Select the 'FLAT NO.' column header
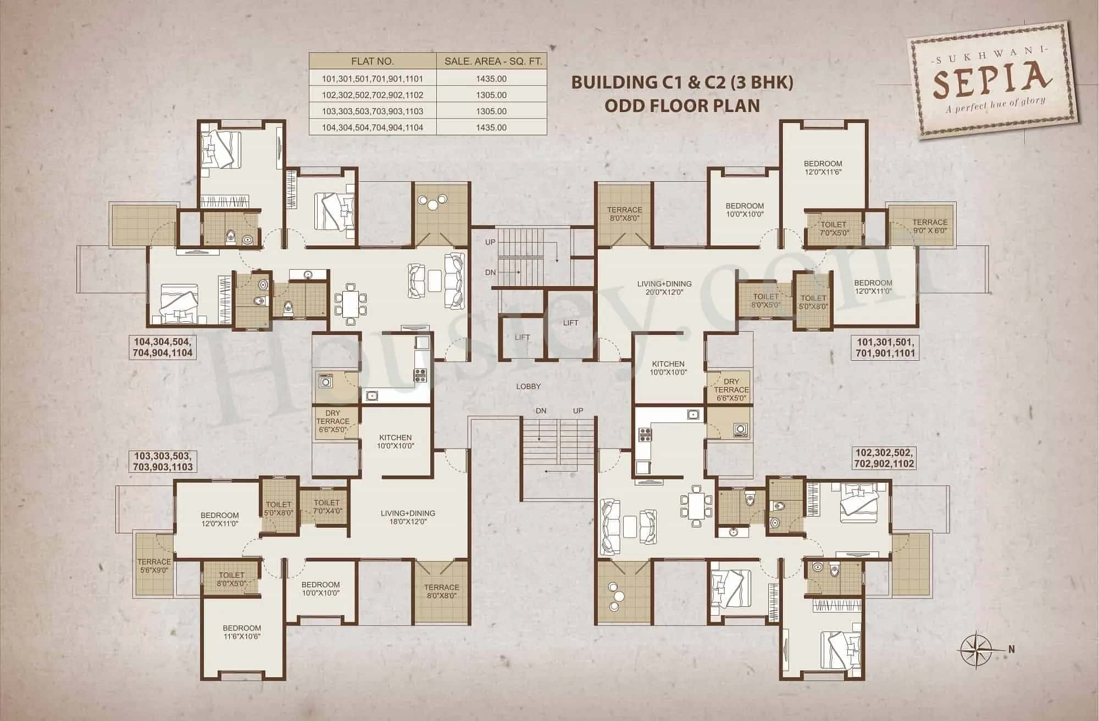372,62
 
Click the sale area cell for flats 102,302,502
492,95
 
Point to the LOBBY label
528,387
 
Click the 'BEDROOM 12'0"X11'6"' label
823,167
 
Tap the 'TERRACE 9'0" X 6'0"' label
930,226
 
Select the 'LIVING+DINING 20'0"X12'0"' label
664,288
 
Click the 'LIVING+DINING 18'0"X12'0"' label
408,517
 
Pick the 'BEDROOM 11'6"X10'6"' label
242,632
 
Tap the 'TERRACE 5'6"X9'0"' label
154,566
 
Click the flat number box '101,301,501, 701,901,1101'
885,348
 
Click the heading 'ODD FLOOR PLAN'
682,105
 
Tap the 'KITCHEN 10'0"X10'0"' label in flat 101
668,368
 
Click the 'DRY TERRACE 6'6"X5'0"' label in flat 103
332,422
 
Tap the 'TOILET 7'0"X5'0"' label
833,228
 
